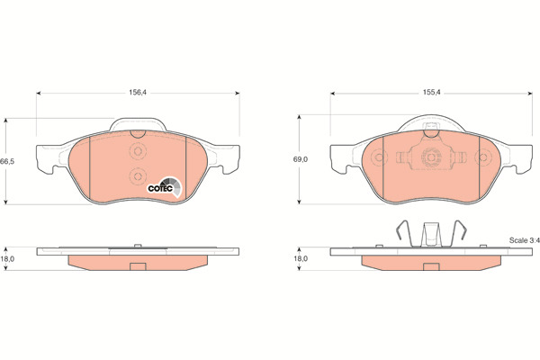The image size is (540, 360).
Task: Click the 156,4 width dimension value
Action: [x=138, y=93]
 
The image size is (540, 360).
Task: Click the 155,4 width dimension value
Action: [x=431, y=93]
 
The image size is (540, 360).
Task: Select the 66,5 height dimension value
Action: [x=7, y=161]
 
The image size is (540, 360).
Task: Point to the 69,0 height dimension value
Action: [x=301, y=159]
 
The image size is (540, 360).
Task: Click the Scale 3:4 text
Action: [x=524, y=240]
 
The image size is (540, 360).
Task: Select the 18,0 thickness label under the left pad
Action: [x=7, y=258]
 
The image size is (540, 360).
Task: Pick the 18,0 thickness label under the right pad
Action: [x=301, y=258]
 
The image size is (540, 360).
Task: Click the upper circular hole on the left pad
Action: [x=138, y=151]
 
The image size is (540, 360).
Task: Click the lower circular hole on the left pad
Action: [x=138, y=176]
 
